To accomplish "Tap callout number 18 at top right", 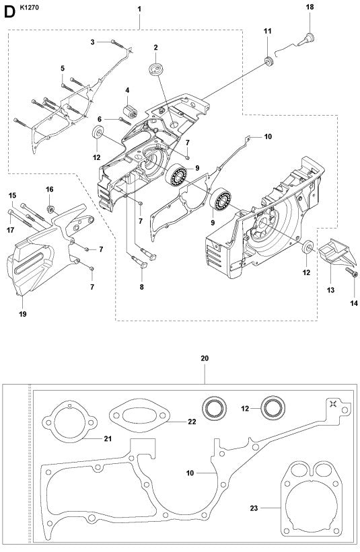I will [310, 7].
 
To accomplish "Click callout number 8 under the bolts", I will [141, 287].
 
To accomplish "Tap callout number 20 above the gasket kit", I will [205, 358].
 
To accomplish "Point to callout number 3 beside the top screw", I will [94, 42].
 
